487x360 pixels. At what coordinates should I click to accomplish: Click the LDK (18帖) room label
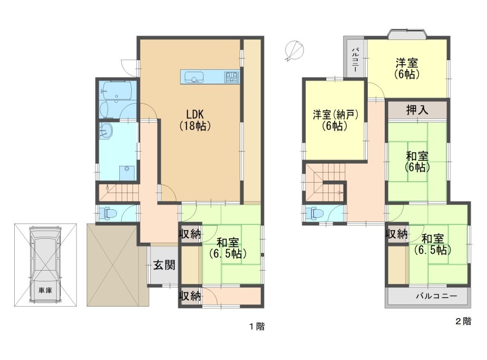tap(195, 120)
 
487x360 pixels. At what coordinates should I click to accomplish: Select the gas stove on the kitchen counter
tap(232, 77)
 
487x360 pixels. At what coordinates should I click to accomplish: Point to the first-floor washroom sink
tap(105, 132)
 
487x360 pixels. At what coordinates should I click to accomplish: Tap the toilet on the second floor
tap(315, 214)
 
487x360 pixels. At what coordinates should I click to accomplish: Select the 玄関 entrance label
tap(164, 265)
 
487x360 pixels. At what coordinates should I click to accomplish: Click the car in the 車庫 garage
tap(45, 264)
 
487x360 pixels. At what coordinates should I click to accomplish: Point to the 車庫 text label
tap(45, 291)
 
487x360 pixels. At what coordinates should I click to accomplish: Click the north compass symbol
tap(294, 50)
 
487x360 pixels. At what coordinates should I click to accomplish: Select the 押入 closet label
tap(417, 110)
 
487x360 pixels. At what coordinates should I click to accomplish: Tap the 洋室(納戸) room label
tap(336, 120)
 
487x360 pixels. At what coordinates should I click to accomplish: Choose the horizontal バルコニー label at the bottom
tap(437, 296)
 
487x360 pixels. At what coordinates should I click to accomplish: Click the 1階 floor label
tap(257, 326)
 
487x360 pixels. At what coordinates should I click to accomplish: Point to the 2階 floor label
tap(463, 321)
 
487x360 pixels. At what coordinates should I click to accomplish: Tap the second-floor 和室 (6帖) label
tap(417, 162)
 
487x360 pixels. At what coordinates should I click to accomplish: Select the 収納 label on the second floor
tap(397, 234)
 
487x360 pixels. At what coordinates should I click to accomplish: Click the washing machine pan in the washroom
tap(127, 173)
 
